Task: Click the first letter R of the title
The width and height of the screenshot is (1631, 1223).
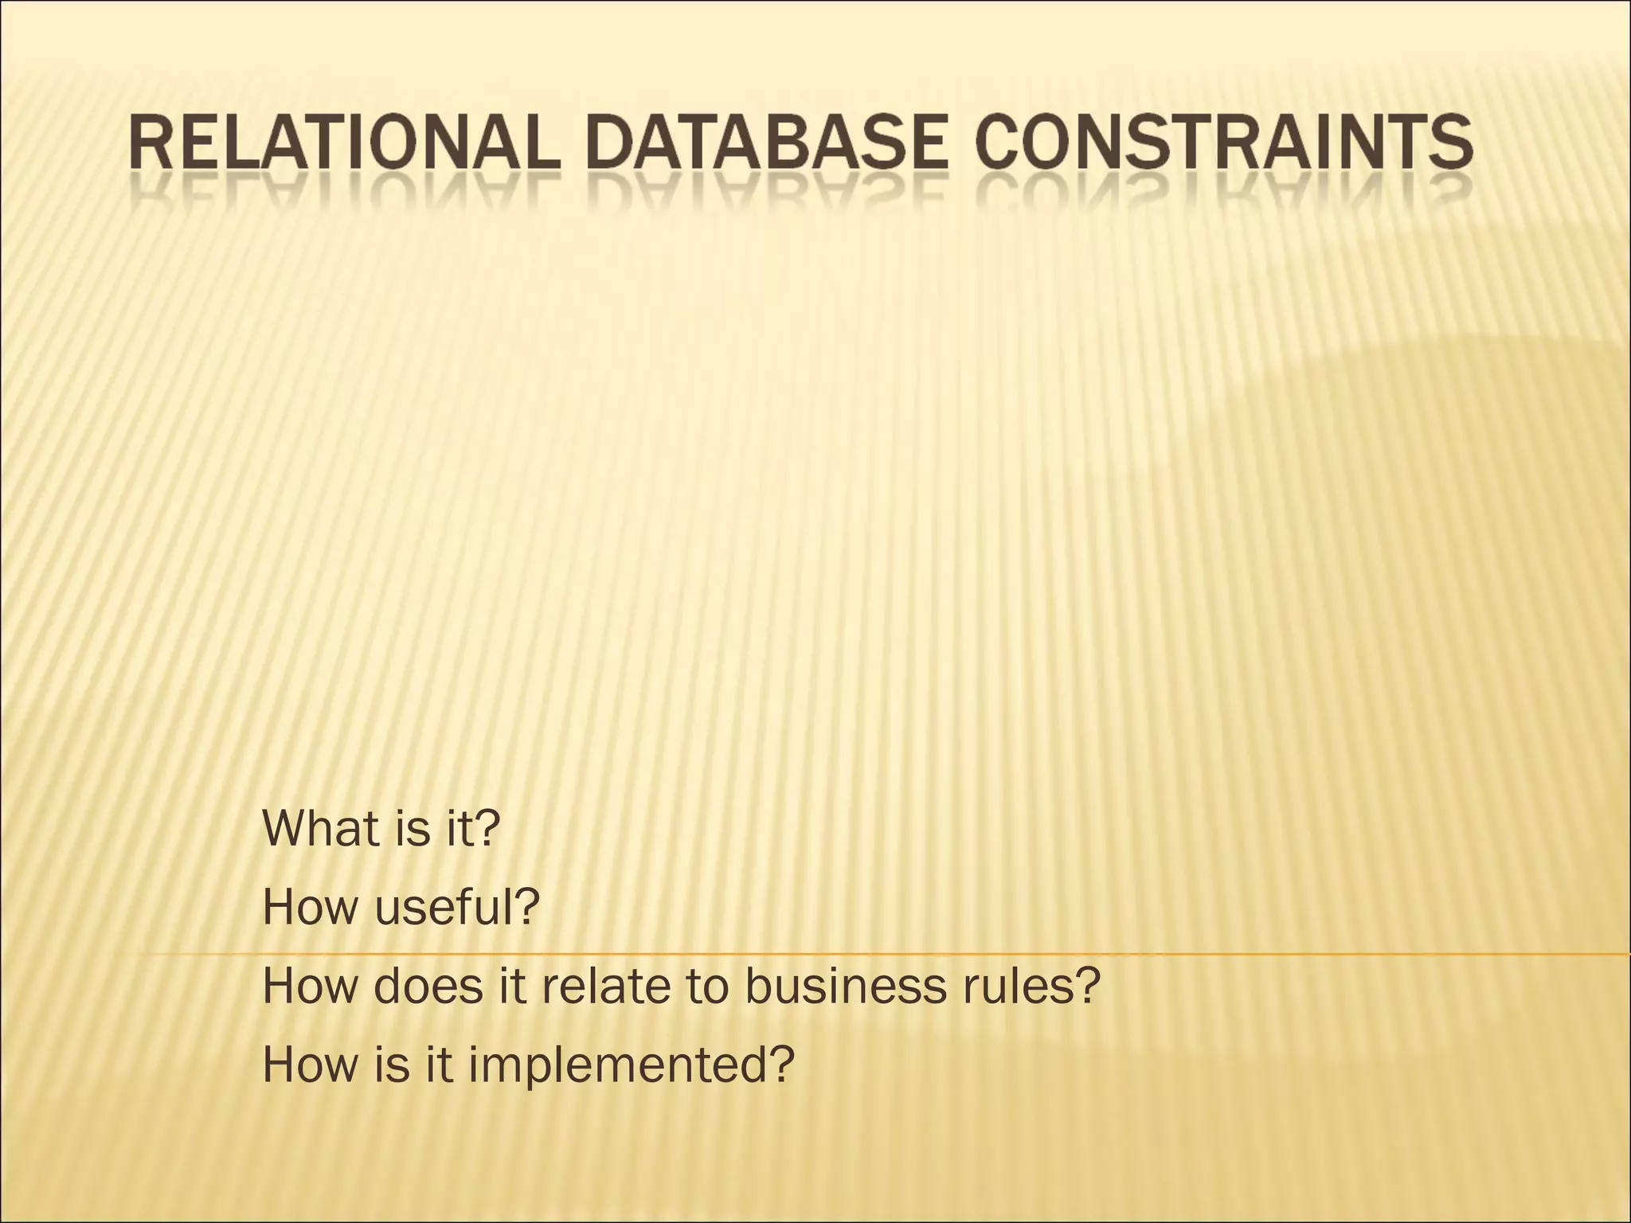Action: (x=150, y=145)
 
